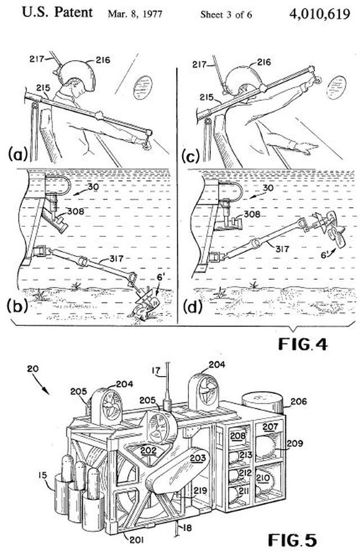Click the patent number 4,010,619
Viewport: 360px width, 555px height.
pos(319,14)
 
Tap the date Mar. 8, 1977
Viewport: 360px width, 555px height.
pos(135,14)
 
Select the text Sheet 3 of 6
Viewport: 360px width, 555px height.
pos(226,15)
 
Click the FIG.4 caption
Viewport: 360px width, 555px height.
pos(303,344)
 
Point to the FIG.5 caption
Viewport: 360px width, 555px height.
pos(292,540)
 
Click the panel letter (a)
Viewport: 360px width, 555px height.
pos(17,155)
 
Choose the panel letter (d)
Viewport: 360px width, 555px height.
pos(193,307)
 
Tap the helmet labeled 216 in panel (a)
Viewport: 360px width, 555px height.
pos(76,77)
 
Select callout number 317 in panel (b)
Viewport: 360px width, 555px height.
pos(116,259)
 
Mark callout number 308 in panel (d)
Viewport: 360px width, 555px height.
pos(252,214)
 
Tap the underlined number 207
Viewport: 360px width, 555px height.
pos(271,427)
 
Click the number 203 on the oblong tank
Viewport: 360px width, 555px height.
pos(197,458)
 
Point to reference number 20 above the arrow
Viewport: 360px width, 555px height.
pos(33,368)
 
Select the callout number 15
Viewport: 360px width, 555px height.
pos(43,475)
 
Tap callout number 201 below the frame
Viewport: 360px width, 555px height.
pos(137,539)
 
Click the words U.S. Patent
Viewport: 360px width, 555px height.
pos(57,12)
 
